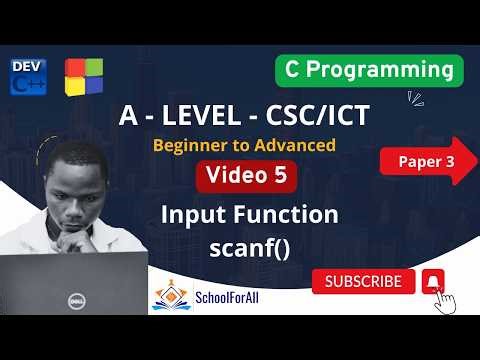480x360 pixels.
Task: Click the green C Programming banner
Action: (369, 71)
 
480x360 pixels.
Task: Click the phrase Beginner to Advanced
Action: (243, 146)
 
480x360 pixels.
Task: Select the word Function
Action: (290, 213)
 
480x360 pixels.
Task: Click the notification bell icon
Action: (433, 281)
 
